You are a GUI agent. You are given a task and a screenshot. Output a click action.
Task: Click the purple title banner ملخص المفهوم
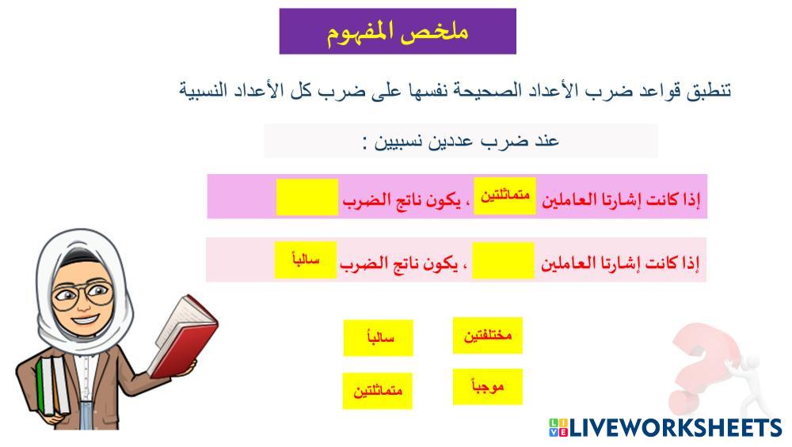pyautogui.click(x=398, y=32)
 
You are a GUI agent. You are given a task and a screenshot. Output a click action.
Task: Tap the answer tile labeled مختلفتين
pyautogui.click(x=487, y=335)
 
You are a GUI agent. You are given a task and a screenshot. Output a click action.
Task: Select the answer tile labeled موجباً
pyautogui.click(x=487, y=387)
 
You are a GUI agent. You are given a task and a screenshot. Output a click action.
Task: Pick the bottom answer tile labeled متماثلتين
pyautogui.click(x=377, y=391)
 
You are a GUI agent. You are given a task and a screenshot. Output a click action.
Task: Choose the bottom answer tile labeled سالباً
pyautogui.click(x=379, y=338)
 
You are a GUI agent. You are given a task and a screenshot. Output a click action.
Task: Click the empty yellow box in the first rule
pyautogui.click(x=307, y=197)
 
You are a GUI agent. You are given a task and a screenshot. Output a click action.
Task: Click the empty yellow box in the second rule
pyautogui.click(x=503, y=260)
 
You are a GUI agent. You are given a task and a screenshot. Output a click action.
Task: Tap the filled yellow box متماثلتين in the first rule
pyautogui.click(x=505, y=195)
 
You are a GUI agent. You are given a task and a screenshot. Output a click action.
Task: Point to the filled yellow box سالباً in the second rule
pyautogui.click(x=306, y=259)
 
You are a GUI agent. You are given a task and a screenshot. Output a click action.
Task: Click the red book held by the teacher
pyautogui.click(x=183, y=335)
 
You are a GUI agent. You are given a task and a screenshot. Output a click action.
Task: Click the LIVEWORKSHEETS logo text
pyautogui.click(x=676, y=428)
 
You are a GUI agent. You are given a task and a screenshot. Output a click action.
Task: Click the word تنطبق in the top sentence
pyautogui.click(x=709, y=91)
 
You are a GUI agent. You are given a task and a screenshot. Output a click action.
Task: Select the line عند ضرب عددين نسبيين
pyautogui.click(x=461, y=142)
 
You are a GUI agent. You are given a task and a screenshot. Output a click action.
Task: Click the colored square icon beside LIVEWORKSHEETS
pyautogui.click(x=558, y=428)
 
